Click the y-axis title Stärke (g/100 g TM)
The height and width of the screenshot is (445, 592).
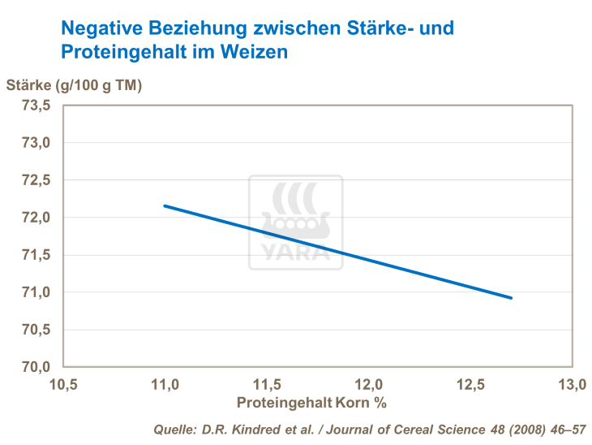(74, 84)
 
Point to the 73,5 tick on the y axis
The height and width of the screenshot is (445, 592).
(36, 106)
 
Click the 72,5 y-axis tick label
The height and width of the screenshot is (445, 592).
(36, 180)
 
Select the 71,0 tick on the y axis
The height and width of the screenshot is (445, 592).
(36, 292)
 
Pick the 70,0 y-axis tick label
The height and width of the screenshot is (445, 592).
(36, 367)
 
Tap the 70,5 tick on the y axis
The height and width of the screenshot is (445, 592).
(36, 330)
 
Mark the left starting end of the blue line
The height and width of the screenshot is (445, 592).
(165, 205)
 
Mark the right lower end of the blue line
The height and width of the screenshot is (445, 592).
(511, 298)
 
